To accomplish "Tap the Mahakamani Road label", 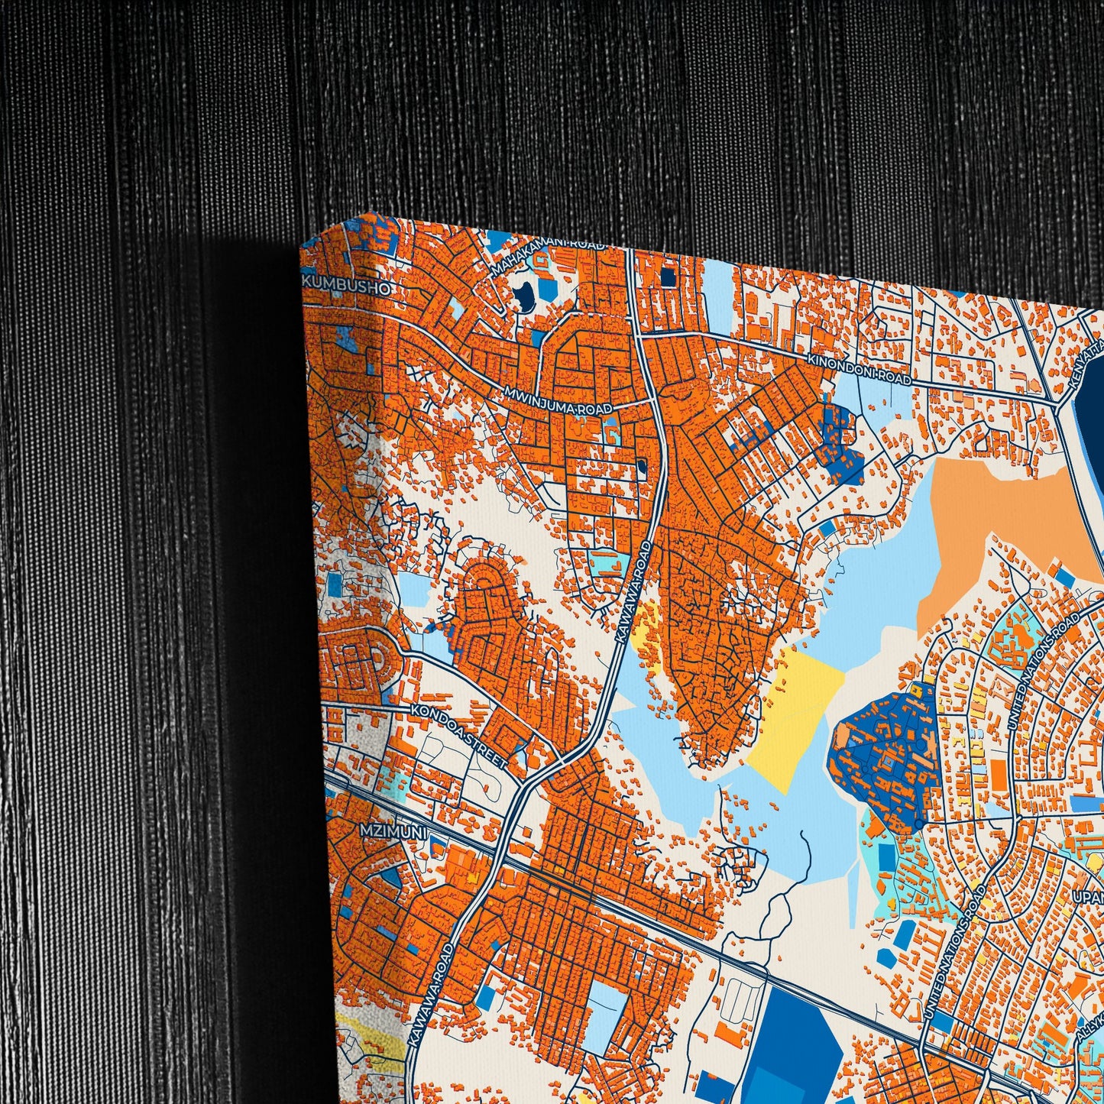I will pos(547,258).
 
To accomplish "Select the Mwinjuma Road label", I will pos(558,402).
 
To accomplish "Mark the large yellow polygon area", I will pos(795,711).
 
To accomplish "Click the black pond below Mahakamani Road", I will pos(523,296).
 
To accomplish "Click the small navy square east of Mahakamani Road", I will pos(668,277).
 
